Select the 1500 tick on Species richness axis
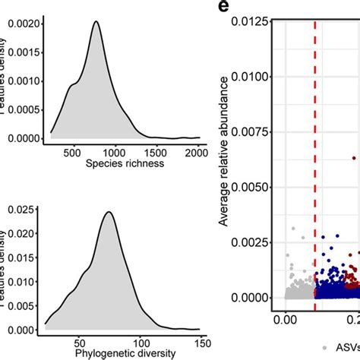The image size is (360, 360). click(x=155, y=151)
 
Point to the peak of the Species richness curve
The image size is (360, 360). click(x=96, y=22)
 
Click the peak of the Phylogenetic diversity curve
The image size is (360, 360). click(x=109, y=212)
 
